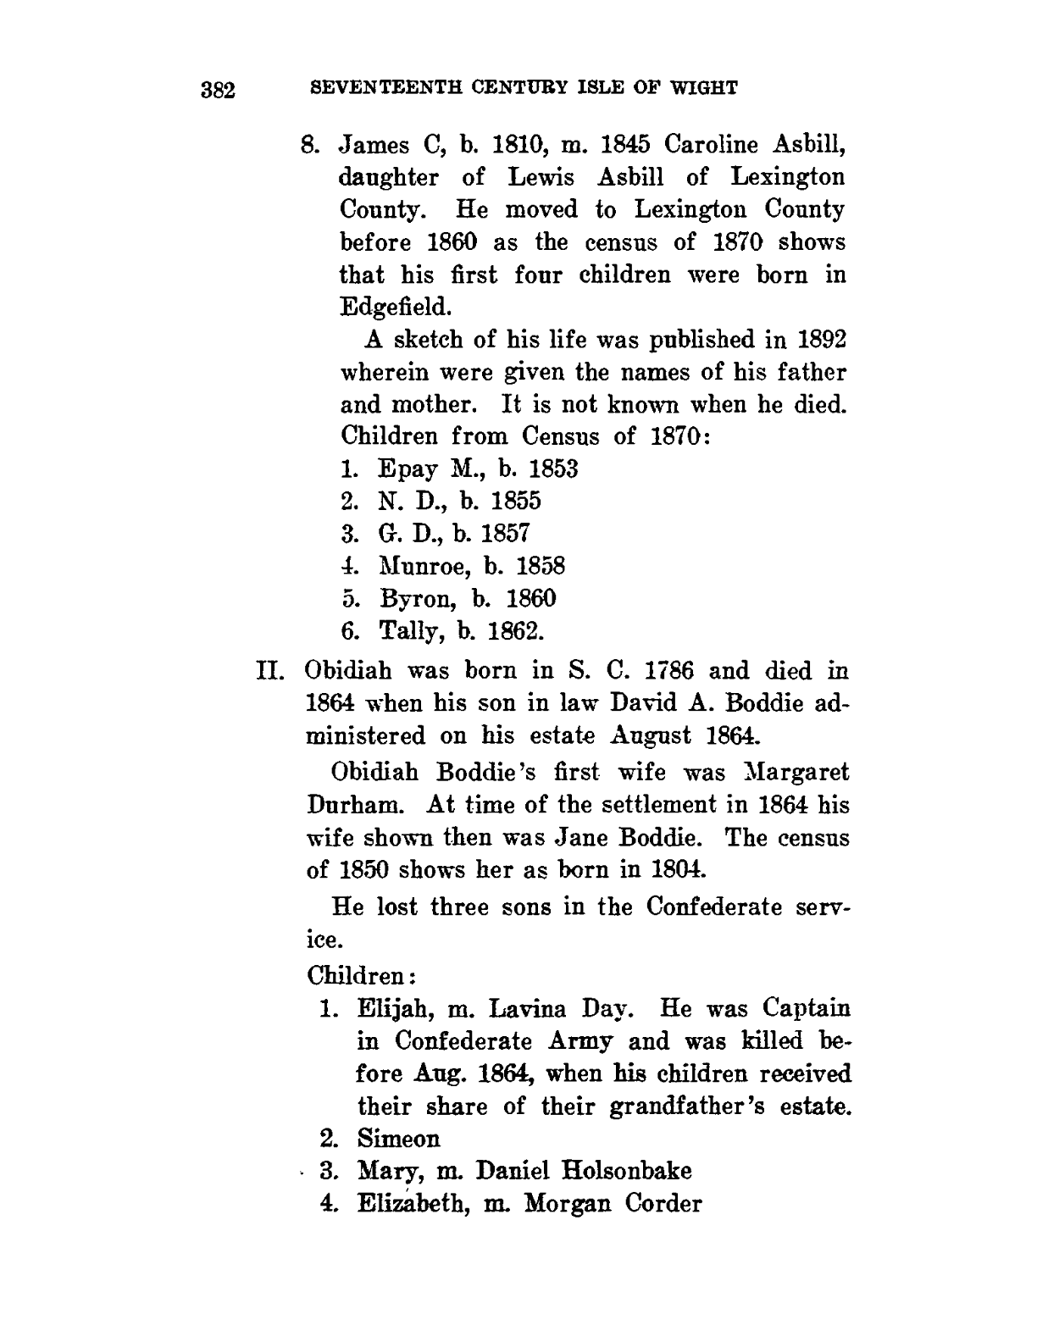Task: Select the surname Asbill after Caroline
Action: pyautogui.click(x=806, y=145)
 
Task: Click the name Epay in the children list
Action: pyautogui.click(x=402, y=469)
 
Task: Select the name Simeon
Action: pyautogui.click(x=399, y=1138)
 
